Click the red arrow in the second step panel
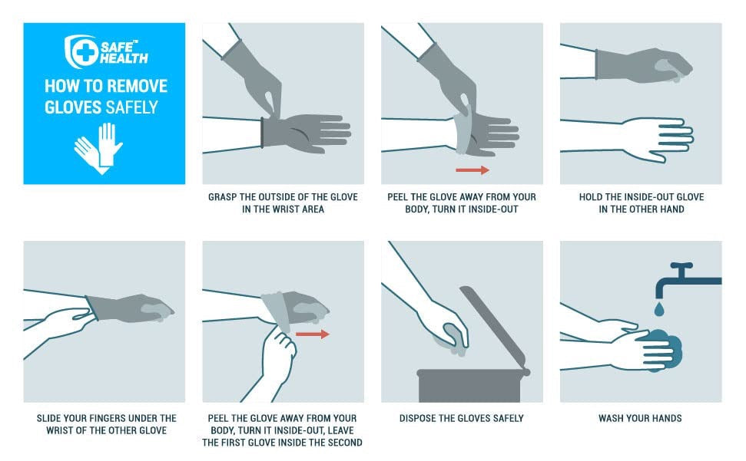472,170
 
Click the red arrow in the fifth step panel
312,334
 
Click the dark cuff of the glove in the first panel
263,132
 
